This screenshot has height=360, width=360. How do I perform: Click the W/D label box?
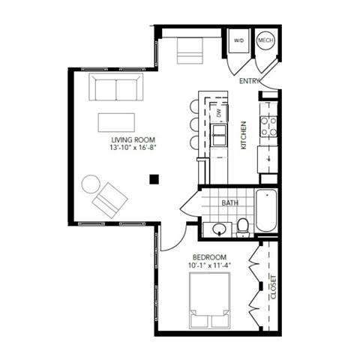click(239, 40)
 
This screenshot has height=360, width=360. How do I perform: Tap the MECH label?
click(265, 40)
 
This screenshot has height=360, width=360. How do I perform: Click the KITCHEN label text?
click(244, 136)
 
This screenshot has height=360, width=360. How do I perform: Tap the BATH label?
click(229, 202)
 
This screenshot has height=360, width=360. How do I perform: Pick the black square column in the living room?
click(154, 178)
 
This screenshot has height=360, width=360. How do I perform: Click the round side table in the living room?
click(91, 184)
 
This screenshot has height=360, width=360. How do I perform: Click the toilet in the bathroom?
click(243, 226)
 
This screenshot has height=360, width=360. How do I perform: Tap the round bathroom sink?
click(219, 229)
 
